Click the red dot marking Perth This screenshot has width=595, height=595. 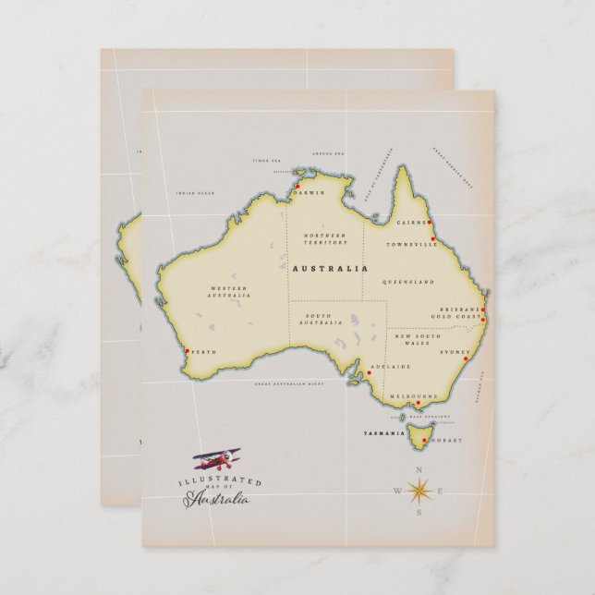(188, 351)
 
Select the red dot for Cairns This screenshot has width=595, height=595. (430, 223)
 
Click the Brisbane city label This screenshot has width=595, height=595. (460, 310)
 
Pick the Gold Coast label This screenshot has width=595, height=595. (456, 317)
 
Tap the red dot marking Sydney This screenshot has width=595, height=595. (466, 359)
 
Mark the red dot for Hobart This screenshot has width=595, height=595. (424, 441)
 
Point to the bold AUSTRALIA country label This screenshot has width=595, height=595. (329, 269)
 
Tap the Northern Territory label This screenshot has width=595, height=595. (325, 239)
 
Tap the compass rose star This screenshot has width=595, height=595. (418, 490)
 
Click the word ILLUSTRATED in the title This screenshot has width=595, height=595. (220, 482)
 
